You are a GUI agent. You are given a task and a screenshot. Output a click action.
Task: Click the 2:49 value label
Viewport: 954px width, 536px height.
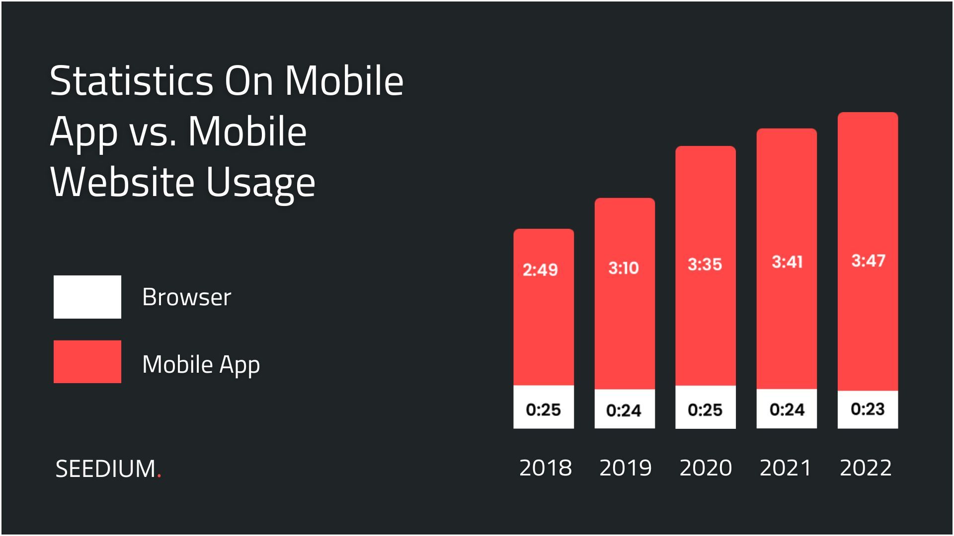(540, 270)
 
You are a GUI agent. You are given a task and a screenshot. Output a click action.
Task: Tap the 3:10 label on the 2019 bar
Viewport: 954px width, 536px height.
(624, 268)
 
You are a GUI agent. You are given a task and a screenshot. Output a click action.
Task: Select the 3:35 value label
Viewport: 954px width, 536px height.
(705, 265)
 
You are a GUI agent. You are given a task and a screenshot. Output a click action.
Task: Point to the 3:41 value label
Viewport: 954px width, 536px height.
(787, 262)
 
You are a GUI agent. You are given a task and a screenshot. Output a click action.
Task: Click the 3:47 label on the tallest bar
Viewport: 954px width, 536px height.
(868, 261)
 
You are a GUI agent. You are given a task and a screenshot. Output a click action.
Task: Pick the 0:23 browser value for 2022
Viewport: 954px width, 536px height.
(868, 409)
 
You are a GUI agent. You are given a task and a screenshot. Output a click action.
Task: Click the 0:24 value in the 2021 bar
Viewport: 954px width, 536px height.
(787, 410)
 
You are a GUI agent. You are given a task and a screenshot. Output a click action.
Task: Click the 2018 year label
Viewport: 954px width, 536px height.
(545, 468)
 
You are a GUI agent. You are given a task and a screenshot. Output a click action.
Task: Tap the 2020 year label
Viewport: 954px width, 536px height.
(706, 468)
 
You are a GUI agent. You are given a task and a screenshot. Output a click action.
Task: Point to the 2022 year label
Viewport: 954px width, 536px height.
(866, 468)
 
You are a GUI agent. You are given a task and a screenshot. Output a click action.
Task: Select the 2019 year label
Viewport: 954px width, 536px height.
(625, 468)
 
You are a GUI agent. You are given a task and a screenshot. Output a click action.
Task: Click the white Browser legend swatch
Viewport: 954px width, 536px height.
(87, 297)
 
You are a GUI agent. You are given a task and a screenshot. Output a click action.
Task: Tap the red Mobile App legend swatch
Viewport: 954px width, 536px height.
(87, 362)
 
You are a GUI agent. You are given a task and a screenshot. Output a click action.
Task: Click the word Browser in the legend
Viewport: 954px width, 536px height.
(186, 297)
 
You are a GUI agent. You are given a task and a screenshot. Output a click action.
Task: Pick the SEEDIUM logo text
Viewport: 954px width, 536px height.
(106, 469)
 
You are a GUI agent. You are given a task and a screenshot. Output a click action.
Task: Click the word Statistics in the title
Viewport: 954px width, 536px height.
(131, 81)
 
